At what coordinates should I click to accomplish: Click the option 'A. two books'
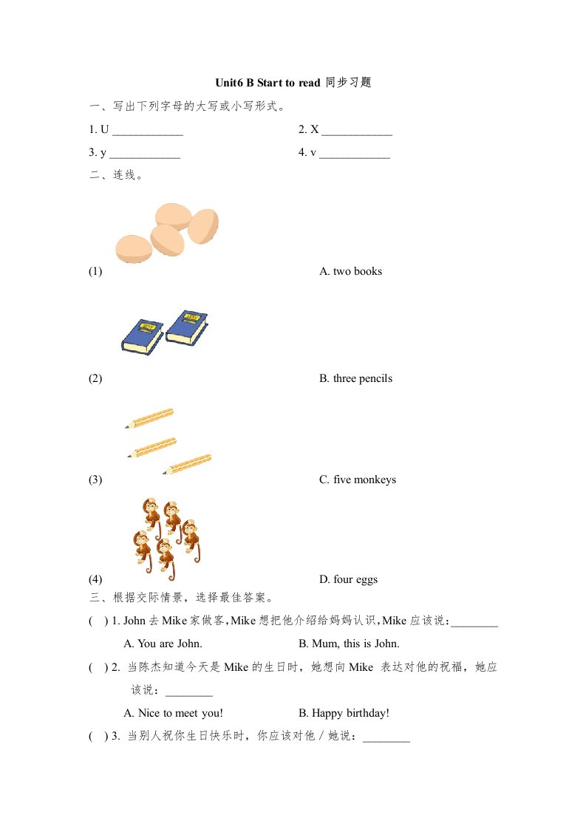[350, 271]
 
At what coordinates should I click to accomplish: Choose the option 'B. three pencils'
[355, 378]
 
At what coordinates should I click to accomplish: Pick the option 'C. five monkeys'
[358, 480]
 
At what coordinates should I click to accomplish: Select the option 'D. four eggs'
[348, 579]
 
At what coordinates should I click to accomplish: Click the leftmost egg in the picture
[134, 248]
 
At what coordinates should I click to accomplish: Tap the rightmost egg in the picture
[203, 225]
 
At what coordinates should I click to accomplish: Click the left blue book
[143, 335]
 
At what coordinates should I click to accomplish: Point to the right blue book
[188, 326]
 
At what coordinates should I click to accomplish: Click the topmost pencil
[149, 418]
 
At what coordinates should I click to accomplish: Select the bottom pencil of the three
[187, 464]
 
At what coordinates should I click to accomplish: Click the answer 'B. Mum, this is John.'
[349, 644]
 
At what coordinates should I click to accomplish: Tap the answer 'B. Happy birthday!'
[344, 713]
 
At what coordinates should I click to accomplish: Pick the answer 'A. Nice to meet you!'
[173, 713]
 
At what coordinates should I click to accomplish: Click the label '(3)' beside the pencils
[95, 480]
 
